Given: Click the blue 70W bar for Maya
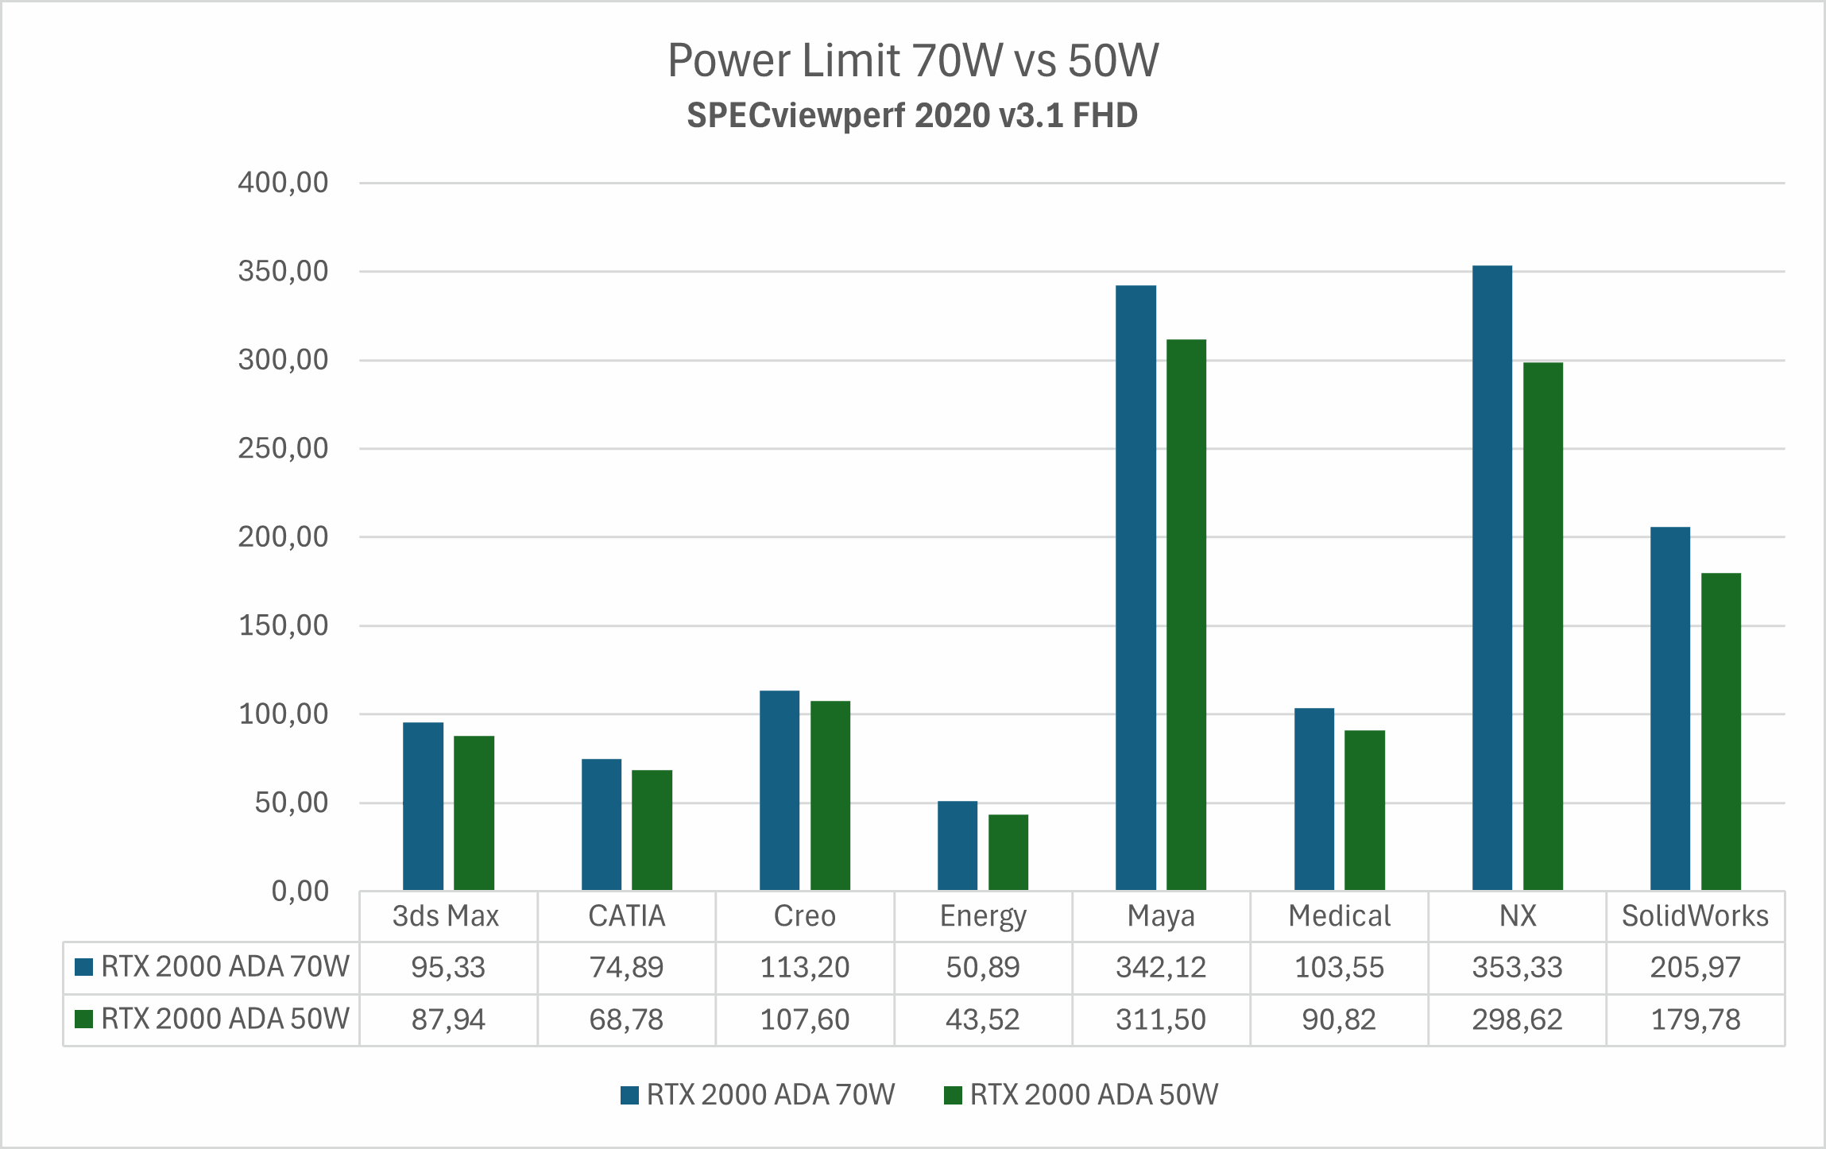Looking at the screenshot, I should (x=1135, y=588).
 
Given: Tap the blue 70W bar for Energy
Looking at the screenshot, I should (x=957, y=845).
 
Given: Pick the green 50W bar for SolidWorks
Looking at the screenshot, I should (x=1720, y=731).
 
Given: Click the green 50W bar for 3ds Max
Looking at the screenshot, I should (x=474, y=812).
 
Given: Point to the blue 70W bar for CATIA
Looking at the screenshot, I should (x=601, y=824).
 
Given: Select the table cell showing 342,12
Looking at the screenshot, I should (x=1160, y=967).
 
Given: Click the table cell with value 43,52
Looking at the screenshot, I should (x=982, y=1019).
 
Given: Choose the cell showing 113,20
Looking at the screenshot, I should (x=804, y=967).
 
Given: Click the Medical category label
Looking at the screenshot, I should (x=1339, y=916).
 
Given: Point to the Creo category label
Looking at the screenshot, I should (x=804, y=916).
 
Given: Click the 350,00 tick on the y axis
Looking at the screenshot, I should (x=283, y=272).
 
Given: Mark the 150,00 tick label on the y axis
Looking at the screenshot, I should (x=283, y=626).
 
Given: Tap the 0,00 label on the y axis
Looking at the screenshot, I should (x=300, y=892).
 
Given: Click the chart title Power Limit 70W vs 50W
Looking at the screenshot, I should (x=912, y=60).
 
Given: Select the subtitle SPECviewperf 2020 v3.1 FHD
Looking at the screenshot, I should (x=912, y=116).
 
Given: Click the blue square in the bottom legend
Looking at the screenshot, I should (x=629, y=1096).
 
